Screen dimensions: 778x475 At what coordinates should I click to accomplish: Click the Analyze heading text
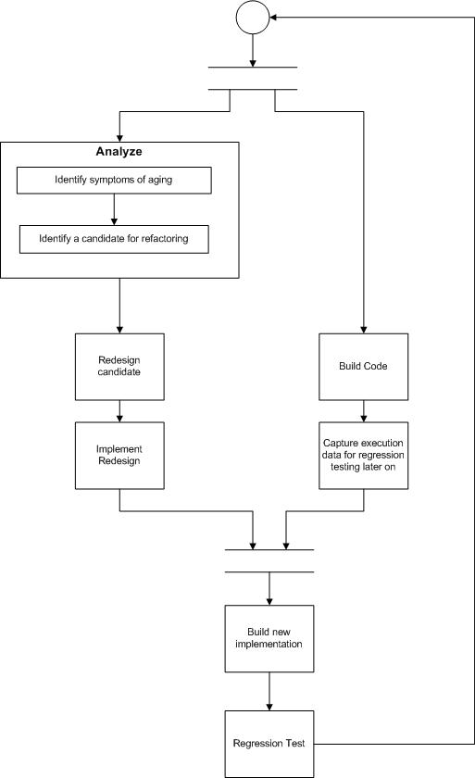(119, 151)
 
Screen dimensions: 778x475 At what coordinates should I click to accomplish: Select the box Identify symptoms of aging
(114, 181)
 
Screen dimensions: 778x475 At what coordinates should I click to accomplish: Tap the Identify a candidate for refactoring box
(114, 239)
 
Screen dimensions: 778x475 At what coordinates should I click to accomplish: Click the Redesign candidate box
(119, 366)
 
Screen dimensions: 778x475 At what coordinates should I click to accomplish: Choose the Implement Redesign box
(119, 456)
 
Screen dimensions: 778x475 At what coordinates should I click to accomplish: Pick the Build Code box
(364, 366)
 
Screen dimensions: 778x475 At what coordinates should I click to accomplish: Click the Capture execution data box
(364, 456)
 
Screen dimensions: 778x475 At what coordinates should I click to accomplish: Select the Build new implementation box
(269, 638)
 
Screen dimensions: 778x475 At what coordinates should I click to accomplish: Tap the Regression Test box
(269, 744)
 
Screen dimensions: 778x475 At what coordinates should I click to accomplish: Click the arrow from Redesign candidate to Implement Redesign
(119, 410)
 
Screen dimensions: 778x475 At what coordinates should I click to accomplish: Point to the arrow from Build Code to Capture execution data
(364, 410)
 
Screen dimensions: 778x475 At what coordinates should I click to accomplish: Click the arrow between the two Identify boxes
(114, 209)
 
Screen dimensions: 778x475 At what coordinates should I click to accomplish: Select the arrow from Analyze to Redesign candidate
(119, 306)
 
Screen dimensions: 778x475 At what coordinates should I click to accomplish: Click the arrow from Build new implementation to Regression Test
(269, 691)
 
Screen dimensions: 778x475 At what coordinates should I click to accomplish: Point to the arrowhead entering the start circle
(276, 18)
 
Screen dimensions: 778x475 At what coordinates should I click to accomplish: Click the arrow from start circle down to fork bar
(253, 51)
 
